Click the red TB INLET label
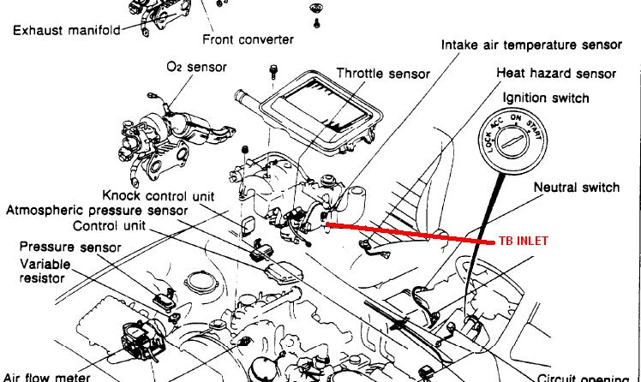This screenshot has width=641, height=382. point(524,241)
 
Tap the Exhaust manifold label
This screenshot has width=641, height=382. point(67,30)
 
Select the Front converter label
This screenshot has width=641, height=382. point(249,39)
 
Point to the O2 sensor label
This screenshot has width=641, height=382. point(196,67)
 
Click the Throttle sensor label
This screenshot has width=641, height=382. point(383,74)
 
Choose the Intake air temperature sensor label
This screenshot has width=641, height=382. point(532,45)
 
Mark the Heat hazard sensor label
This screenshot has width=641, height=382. point(556,73)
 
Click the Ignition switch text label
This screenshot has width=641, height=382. point(546,98)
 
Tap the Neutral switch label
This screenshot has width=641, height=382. point(577,188)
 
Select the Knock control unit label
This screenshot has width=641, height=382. point(159,195)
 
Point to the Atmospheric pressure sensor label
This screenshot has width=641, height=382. point(97,211)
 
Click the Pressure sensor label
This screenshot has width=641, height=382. point(70,247)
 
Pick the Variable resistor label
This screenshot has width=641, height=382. point(45,271)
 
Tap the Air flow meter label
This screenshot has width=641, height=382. point(46,377)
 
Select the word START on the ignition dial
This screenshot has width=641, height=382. point(534,130)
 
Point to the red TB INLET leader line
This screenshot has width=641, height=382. point(410,233)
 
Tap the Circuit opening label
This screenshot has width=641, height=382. point(583,378)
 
